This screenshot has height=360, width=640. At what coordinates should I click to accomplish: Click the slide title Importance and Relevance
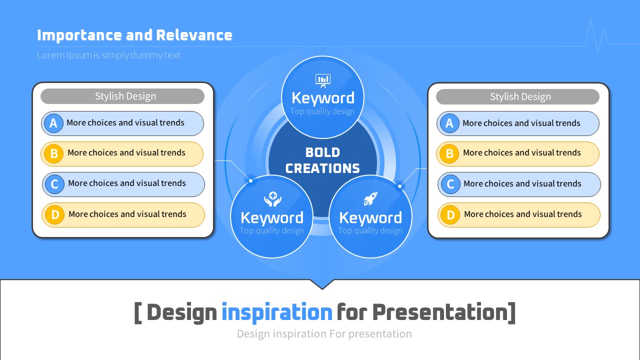click(134, 35)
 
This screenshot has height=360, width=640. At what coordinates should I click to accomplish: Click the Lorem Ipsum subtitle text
click(109, 55)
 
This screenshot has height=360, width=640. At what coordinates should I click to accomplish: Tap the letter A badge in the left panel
click(53, 123)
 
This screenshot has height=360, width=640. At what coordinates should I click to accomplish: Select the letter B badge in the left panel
click(54, 153)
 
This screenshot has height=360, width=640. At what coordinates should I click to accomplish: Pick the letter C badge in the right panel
click(450, 184)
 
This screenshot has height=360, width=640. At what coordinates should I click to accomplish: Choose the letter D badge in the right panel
click(450, 215)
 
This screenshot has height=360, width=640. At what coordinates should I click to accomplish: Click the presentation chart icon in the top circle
click(323, 80)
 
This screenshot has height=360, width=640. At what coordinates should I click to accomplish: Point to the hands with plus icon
click(273, 199)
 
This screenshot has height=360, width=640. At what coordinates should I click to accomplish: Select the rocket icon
click(370, 199)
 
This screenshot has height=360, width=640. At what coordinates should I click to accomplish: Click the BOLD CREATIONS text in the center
click(322, 160)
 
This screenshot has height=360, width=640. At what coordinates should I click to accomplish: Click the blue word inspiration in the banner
click(277, 312)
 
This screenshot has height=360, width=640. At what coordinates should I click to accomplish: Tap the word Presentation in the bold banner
click(440, 312)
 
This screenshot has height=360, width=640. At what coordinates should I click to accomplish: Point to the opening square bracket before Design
click(138, 313)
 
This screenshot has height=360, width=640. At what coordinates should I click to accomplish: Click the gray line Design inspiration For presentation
click(324, 333)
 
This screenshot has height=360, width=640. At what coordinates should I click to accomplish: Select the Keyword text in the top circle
click(323, 98)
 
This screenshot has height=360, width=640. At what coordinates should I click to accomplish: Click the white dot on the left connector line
click(250, 180)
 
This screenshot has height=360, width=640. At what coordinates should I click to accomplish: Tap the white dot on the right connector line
click(399, 186)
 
